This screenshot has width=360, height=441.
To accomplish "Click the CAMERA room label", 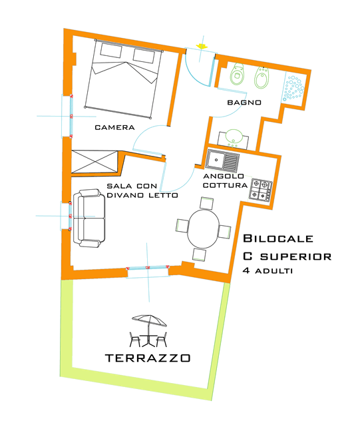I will [114, 127].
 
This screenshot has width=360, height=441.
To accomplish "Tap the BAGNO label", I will [243, 103].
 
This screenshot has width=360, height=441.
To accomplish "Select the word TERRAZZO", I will [148, 358].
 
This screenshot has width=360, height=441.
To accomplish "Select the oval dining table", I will [203, 228].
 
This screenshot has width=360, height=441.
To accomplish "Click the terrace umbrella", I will [148, 321].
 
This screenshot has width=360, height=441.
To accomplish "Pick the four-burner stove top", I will [261, 191].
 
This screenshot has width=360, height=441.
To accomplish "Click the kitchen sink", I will [222, 160].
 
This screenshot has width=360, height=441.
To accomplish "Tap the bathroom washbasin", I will [232, 137].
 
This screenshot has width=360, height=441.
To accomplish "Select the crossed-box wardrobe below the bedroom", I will [94, 161].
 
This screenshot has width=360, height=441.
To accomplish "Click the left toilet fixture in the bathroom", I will [236, 77].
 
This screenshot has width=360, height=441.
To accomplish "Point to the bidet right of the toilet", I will [262, 78].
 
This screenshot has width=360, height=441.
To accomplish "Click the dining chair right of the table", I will [225, 230].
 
